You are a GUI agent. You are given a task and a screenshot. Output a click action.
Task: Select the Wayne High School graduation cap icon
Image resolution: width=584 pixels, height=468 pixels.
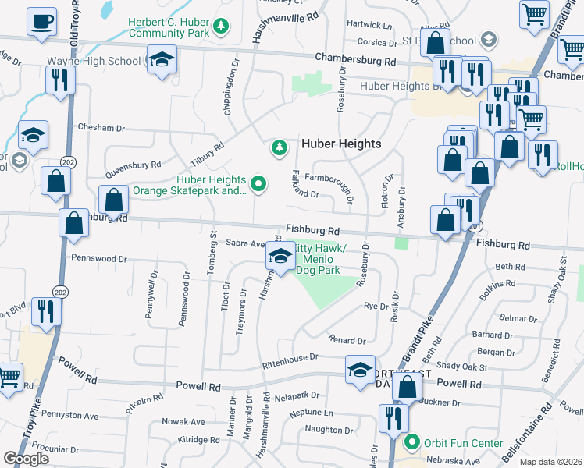tap(162, 60)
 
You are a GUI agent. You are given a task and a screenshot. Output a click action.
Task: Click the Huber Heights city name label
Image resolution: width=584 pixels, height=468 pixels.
tap(341, 144)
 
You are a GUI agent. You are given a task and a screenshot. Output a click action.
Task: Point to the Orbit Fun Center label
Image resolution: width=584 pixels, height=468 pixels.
tap(463, 443)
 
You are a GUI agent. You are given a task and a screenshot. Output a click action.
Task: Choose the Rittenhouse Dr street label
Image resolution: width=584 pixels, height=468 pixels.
tap(290, 357)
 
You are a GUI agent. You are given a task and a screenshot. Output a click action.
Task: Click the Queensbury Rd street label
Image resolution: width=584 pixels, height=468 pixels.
tap(133, 165)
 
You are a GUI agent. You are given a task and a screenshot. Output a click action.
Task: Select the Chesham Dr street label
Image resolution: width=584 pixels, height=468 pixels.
tap(101, 127)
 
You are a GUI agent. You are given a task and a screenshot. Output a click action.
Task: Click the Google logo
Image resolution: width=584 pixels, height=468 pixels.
tap(26, 459)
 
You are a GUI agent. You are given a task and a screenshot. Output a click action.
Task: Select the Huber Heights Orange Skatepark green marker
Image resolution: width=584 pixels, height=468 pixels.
tap(259, 184)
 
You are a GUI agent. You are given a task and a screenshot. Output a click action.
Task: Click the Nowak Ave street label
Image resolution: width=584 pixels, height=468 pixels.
tap(183, 422)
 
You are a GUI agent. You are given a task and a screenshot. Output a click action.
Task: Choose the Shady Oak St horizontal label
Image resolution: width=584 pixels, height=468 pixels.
tap(462, 367)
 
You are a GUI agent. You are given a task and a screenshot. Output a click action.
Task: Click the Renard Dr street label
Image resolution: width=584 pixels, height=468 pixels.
tap(347, 341)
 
